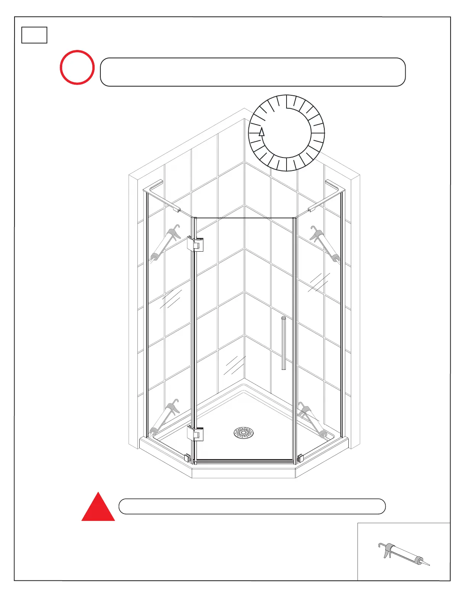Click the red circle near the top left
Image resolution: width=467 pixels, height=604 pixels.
coord(77,67)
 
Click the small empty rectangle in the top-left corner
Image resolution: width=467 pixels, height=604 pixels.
coord(34,35)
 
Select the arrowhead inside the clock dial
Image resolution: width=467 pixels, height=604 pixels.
coord(262,132)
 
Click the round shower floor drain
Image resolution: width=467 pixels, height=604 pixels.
coord(243,432)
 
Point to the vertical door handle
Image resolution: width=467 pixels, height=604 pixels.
coord(283,343)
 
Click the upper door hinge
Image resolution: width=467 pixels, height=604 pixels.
coord(195,244)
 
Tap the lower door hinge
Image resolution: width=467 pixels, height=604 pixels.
coord(195,434)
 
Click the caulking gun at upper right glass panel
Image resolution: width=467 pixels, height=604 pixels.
coord(325,244)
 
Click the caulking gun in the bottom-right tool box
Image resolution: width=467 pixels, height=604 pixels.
coord(403,555)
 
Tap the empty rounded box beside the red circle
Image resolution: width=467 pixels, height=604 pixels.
coord(253,72)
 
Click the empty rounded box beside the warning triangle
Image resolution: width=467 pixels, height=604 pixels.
coord(252,506)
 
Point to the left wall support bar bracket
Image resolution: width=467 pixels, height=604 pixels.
coord(176,209)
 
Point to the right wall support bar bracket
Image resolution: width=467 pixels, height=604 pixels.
coord(311,209)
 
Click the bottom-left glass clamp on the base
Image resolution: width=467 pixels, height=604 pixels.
coord(187,458)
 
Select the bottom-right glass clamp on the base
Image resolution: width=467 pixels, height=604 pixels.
coord(300,458)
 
